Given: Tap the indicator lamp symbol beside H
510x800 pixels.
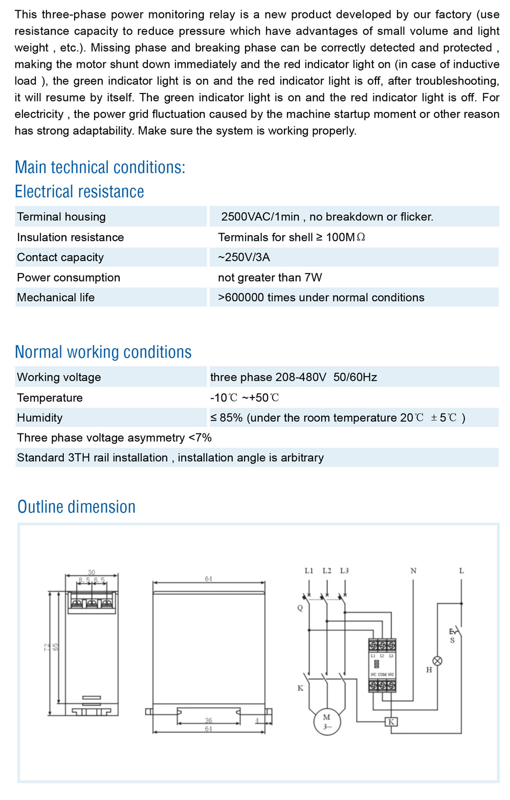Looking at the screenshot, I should coord(437,660).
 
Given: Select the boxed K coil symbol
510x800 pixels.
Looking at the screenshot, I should coord(391,722).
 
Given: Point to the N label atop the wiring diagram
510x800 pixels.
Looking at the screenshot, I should coord(413,570).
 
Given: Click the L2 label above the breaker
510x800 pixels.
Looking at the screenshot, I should coord(327,570).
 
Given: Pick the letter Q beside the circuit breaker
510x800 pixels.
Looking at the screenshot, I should coord(300,608).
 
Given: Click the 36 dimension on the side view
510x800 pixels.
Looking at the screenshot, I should coord(208,720).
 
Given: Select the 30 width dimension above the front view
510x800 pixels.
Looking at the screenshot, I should coord(92,573).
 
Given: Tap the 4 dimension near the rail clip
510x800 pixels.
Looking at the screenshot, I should coord(257,721).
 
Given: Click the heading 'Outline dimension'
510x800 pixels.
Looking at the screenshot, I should coord(77,507).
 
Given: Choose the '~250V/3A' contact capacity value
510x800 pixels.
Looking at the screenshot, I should coord(244,257).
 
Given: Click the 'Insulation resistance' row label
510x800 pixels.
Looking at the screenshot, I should coord(70,237).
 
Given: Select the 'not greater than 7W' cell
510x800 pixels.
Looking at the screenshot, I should coord(270,278).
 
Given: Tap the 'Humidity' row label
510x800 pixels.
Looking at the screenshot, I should coord(39,418).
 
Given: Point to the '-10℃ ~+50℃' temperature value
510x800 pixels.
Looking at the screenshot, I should coord(245,398).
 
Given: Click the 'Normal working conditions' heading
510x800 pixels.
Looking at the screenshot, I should coord(103,352).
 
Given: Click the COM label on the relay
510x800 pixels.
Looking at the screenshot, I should coord(382,675).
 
